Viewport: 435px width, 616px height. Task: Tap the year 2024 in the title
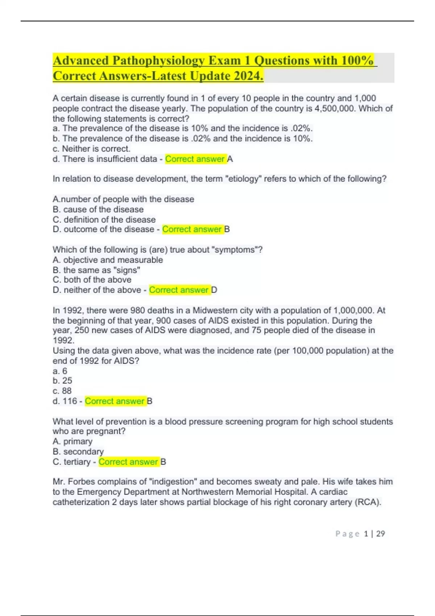point(248,76)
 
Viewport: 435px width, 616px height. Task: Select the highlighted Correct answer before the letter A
point(195,159)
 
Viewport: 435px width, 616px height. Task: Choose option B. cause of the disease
point(98,209)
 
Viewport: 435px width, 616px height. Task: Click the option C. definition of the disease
point(104,220)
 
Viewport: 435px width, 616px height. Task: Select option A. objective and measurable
point(108,260)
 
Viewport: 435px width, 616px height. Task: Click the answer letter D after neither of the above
point(214,290)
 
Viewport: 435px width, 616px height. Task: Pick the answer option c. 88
point(62,391)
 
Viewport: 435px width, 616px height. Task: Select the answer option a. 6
point(60,371)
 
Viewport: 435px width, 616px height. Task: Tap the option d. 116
point(65,401)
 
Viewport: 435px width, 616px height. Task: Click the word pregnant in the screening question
point(108,431)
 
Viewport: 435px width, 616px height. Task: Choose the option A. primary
point(72,441)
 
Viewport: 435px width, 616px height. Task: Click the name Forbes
point(82,482)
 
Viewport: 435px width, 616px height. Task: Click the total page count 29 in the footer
point(381,534)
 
